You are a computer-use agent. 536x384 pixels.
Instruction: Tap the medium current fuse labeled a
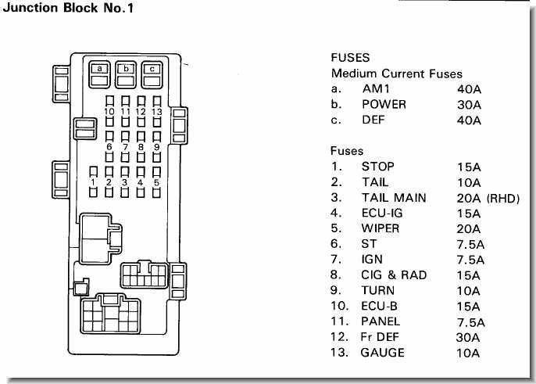(x=101, y=69)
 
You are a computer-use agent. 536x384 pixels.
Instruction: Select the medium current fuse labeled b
(x=127, y=69)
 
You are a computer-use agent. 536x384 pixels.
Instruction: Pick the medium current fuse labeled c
(x=153, y=69)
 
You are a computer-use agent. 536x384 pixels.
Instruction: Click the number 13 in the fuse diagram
(x=156, y=111)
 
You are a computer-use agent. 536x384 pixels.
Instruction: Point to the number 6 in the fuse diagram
(x=109, y=146)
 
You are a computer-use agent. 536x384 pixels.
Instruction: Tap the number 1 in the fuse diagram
(x=94, y=182)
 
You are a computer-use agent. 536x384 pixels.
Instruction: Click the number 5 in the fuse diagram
(x=156, y=182)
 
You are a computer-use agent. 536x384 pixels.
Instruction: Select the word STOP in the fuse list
(x=377, y=167)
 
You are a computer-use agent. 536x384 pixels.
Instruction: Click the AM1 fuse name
(x=374, y=89)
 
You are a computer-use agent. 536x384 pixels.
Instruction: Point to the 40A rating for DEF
(x=470, y=120)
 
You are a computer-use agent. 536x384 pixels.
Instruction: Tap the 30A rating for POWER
(x=470, y=105)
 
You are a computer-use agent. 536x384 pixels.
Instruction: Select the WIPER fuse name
(x=381, y=228)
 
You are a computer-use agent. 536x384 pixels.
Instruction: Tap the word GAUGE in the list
(x=383, y=353)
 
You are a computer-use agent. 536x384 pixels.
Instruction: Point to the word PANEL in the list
(x=381, y=321)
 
